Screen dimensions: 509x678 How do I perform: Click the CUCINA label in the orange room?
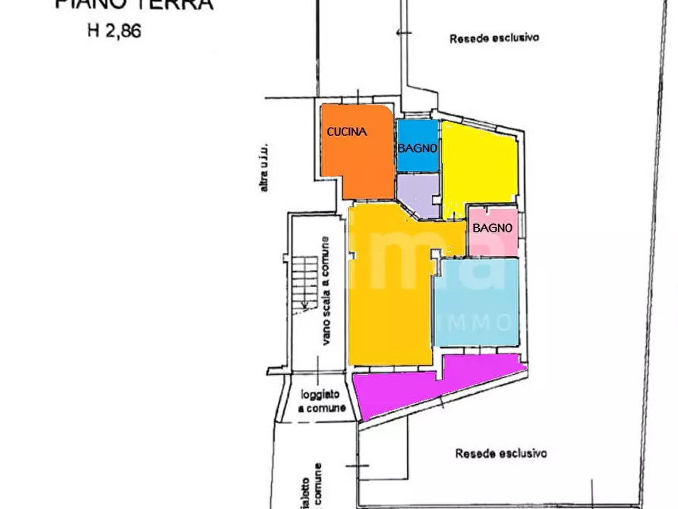[347, 131]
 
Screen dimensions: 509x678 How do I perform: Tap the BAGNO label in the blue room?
[417, 148]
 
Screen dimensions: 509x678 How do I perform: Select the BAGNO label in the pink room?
[492, 227]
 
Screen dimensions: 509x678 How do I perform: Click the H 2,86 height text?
[113, 32]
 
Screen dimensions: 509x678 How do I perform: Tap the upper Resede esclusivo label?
[494, 37]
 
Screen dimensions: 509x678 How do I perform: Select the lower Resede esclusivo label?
[500, 454]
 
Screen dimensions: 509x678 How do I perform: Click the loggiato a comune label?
[322, 401]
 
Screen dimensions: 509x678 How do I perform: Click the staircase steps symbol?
[305, 281]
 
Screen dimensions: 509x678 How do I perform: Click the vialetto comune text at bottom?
[309, 486]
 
